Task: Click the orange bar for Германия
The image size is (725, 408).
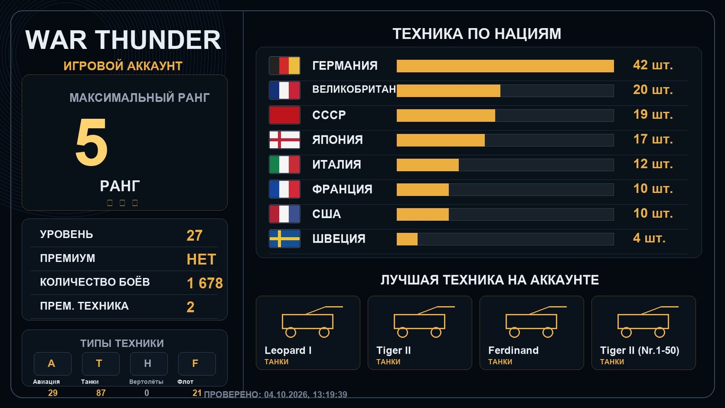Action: tap(505, 66)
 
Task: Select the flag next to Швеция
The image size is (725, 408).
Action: tap(285, 238)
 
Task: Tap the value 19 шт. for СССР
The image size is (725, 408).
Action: tap(653, 115)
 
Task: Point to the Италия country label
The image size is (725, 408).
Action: tap(337, 165)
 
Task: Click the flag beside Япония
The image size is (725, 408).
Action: tap(285, 140)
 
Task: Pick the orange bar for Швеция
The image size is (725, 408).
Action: tap(407, 239)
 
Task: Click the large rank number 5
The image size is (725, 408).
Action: tap(91, 142)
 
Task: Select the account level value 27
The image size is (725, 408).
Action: tap(194, 235)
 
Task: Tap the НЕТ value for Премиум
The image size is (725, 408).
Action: tap(201, 259)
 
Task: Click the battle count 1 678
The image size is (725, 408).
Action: tap(205, 283)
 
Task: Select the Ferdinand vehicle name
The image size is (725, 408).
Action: tap(513, 350)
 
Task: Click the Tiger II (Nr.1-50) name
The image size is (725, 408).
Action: tap(639, 350)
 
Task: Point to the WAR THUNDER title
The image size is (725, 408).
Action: tap(123, 40)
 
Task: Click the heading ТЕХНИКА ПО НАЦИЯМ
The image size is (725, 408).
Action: tap(477, 34)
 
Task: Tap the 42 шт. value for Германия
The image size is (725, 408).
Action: tap(653, 65)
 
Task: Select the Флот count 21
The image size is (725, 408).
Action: tap(197, 393)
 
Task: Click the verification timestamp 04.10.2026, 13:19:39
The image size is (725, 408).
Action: tap(305, 394)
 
